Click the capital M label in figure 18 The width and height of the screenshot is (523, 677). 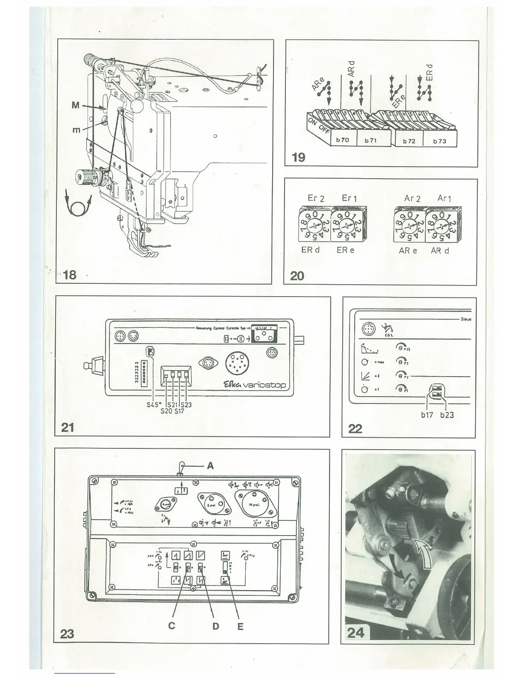pos(75,105)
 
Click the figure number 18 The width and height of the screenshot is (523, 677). pos(70,274)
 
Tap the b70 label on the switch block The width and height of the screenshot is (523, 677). pos(342,140)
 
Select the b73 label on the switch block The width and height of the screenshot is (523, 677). pos(439,141)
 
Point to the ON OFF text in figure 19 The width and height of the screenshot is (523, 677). pos(319,127)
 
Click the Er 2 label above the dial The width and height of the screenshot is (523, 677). pos(316,198)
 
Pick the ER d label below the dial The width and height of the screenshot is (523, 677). pos(310,250)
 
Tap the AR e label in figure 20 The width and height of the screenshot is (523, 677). pos(408,250)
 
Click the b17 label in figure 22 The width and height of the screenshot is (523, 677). pos(427,415)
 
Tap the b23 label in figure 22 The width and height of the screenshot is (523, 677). pos(447,415)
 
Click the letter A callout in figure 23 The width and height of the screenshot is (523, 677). pos(210,466)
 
